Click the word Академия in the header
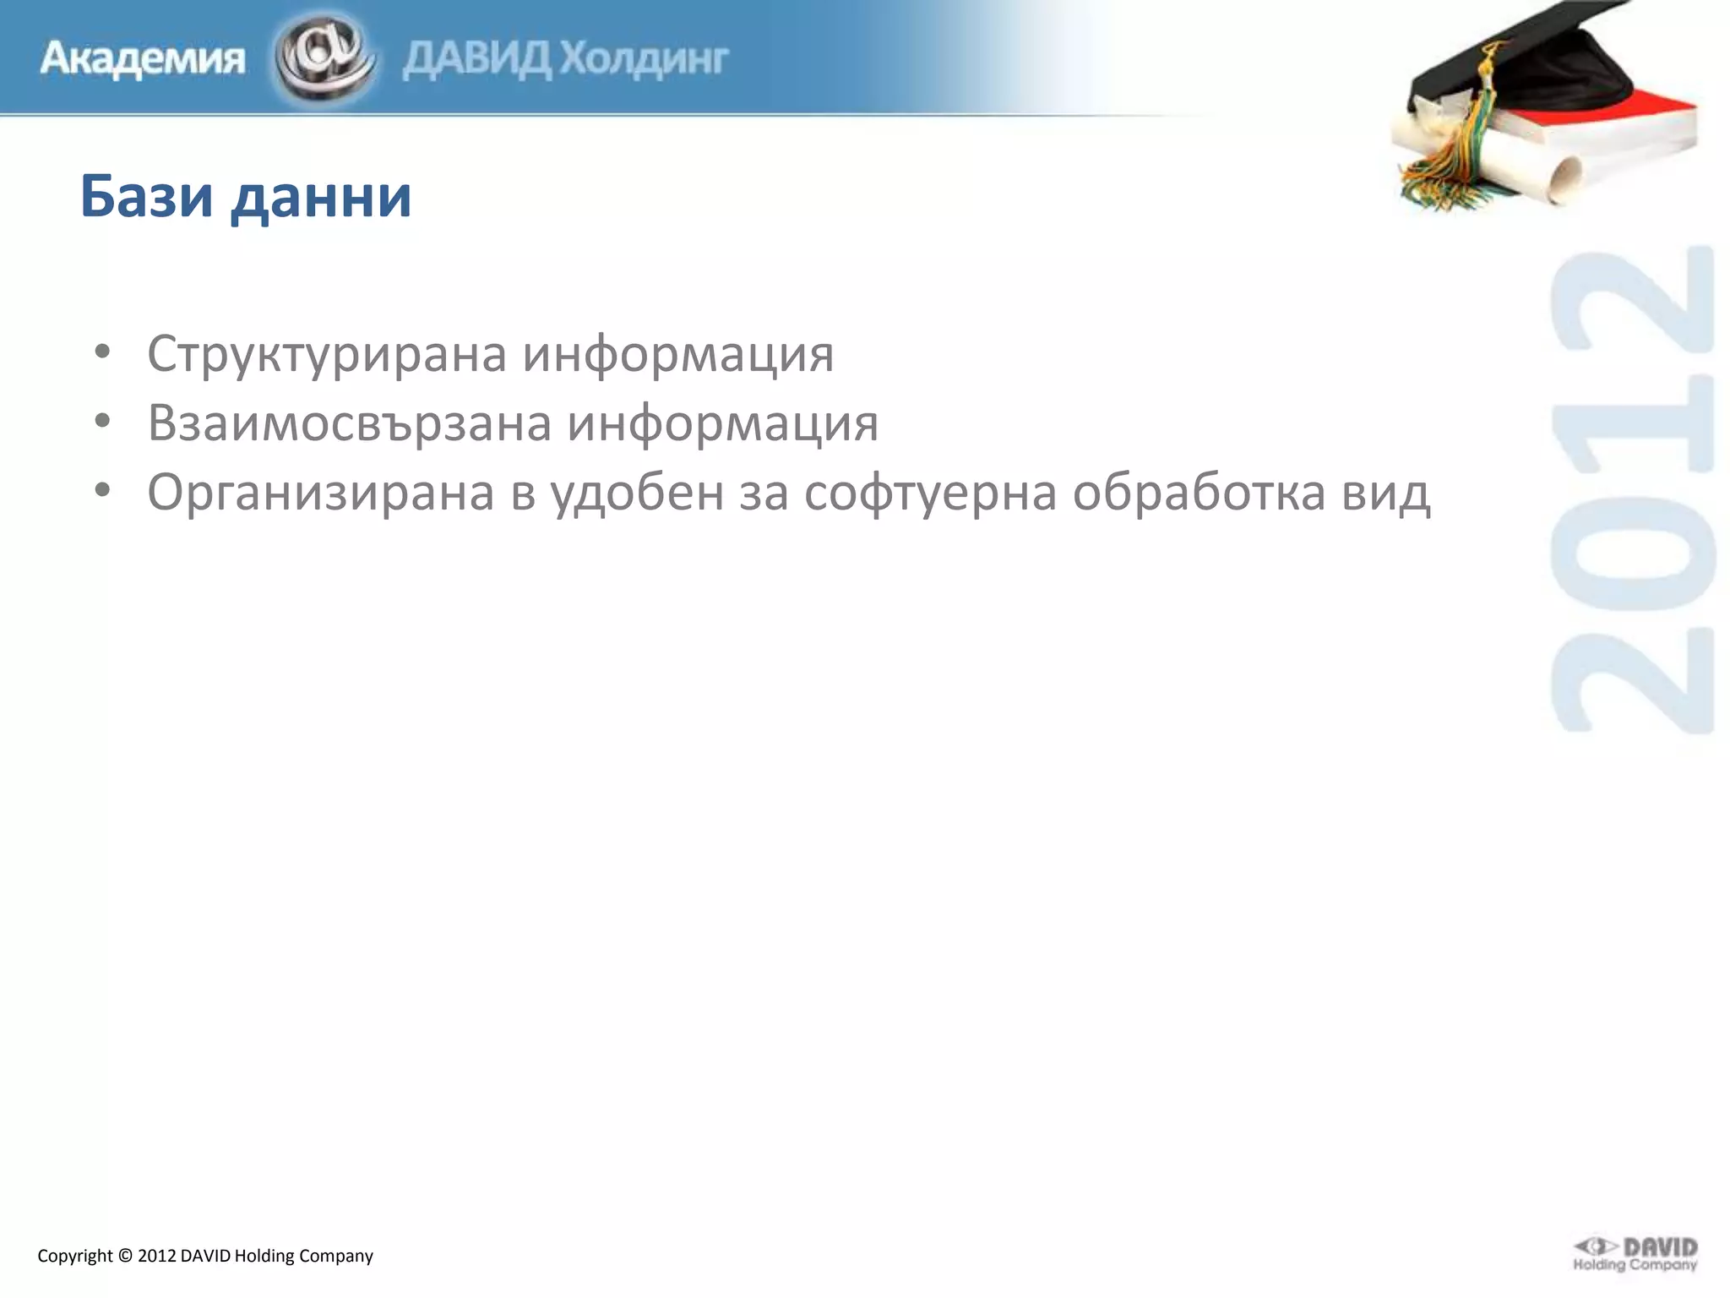tap(142, 59)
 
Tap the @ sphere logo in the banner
tap(324, 57)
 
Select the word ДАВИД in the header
tap(477, 59)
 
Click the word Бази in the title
tap(146, 196)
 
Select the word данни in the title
tap(321, 198)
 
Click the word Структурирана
tap(325, 354)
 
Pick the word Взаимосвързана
tap(347, 423)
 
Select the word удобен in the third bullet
tap(638, 492)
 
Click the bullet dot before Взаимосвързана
tap(102, 421)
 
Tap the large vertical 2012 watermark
tap(1632, 490)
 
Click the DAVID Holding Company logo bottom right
tap(1635, 1254)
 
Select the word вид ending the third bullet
tap(1386, 492)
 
